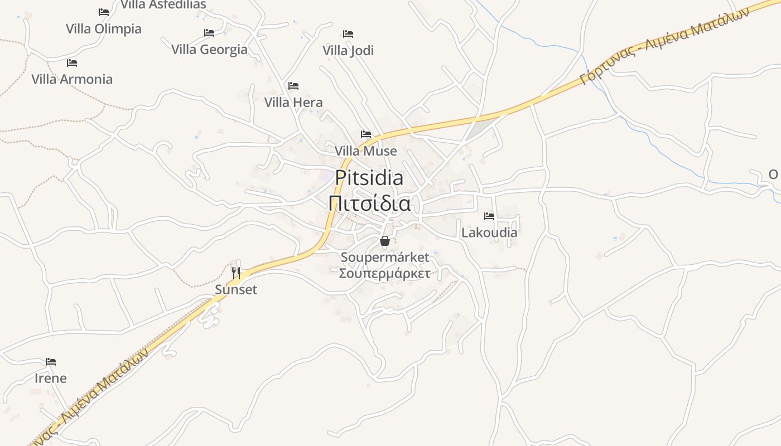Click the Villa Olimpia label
tap(104, 28)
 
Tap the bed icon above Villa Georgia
tap(209, 33)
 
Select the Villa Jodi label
tap(348, 51)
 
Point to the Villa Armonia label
tap(72, 79)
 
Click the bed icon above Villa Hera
tap(293, 86)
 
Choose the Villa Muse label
tap(366, 151)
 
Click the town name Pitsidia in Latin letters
tap(369, 178)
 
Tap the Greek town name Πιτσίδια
tap(369, 203)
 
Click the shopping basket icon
tap(385, 241)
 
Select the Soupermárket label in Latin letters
tap(385, 257)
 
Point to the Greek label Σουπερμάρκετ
tap(385, 273)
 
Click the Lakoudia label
tap(489, 232)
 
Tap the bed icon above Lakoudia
tap(489, 216)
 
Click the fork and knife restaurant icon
tap(236, 273)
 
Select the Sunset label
tap(237, 289)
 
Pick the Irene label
tap(51, 378)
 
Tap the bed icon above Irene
tap(51, 361)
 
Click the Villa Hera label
tap(293, 103)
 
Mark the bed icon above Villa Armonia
tap(72, 62)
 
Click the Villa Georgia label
tap(209, 50)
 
